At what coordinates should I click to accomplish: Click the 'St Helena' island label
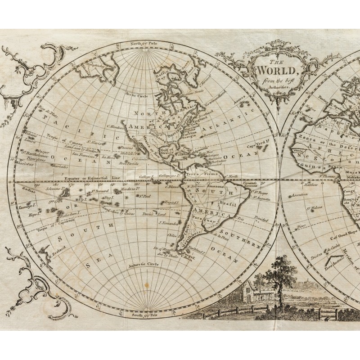(x=314, y=208)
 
